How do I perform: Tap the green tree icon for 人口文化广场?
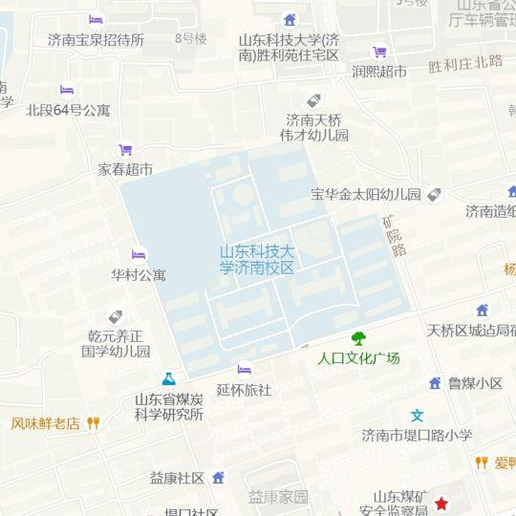[x=358, y=338]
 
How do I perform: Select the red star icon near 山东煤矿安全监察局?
[x=441, y=504]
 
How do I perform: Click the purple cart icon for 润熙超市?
[x=379, y=53]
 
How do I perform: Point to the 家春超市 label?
[x=125, y=169]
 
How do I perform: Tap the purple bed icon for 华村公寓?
[x=139, y=255]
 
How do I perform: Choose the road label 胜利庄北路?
[x=465, y=63]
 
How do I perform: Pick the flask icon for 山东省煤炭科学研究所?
[x=169, y=379]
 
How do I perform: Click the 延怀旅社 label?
[x=244, y=390]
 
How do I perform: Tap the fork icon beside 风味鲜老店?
[x=94, y=422]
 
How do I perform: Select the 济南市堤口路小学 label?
[x=417, y=435]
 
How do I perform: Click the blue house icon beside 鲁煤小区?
[x=435, y=383]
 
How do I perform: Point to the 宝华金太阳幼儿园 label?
[x=366, y=194]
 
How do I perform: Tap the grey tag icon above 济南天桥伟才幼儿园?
[x=313, y=100]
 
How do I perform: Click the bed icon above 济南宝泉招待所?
[x=96, y=20]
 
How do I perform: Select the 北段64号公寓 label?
[x=68, y=110]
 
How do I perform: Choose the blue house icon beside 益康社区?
[x=218, y=477]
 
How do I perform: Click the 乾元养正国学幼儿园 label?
[x=116, y=343]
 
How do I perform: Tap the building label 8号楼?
[x=191, y=38]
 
